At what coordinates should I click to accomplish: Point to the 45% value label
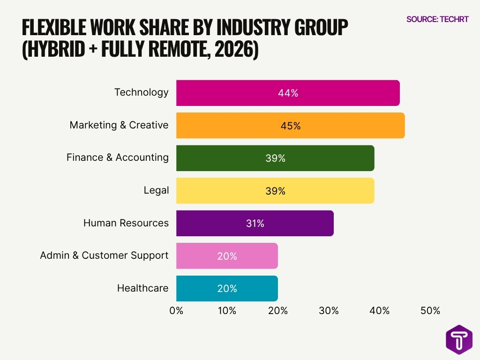[290, 126]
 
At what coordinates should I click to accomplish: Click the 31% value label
[255, 224]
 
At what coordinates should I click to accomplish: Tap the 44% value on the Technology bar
[288, 93]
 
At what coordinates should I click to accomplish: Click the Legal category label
[156, 190]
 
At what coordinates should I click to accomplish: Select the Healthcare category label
[142, 288]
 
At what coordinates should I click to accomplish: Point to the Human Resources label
[126, 223]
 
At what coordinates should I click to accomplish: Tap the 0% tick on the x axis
[176, 310]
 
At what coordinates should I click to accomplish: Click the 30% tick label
[329, 310]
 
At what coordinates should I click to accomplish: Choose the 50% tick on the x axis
[430, 310]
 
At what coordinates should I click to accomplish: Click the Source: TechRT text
[437, 19]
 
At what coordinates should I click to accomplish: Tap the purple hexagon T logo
[459, 339]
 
